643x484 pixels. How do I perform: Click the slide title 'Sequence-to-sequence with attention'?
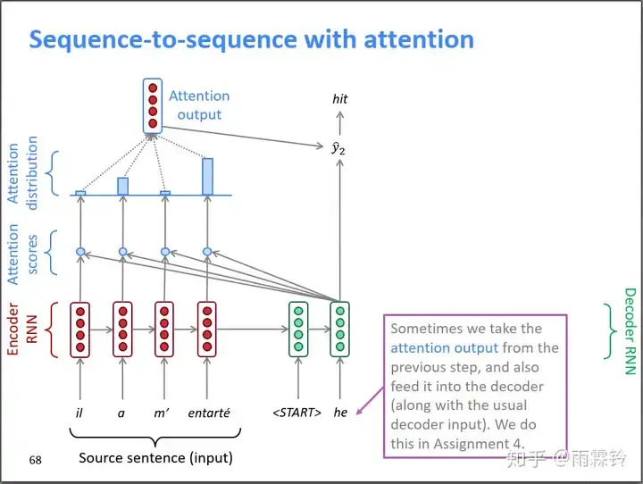[251, 40]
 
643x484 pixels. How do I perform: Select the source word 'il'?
[79, 413]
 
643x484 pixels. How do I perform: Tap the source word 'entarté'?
[208, 413]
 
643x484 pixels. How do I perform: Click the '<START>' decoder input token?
[296, 413]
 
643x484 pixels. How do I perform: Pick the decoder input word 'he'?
[340, 413]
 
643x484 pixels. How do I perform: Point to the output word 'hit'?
[339, 99]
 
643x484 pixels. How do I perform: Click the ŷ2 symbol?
[338, 146]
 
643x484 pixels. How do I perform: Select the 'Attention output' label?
[199, 104]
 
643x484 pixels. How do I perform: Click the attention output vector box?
[153, 106]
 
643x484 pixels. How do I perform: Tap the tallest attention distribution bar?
[207, 177]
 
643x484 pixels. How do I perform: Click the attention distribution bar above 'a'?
[122, 186]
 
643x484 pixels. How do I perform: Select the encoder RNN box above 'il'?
[80, 329]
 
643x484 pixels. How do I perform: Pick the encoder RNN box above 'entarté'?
[208, 329]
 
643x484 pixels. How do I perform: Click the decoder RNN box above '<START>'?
[297, 329]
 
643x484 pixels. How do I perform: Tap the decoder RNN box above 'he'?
[339, 329]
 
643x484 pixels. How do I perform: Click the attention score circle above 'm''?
[164, 252]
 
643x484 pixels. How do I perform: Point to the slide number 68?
[36, 460]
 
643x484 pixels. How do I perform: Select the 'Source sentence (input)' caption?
[155, 458]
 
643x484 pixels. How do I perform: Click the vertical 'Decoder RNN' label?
[630, 330]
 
